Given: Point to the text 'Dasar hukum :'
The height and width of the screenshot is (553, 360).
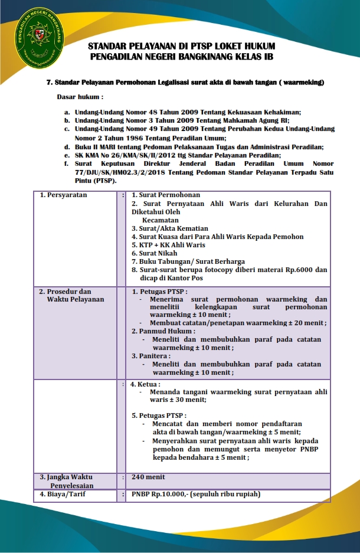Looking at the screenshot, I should point(80,96).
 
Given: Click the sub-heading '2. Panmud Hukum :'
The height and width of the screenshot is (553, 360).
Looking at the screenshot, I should point(162,331).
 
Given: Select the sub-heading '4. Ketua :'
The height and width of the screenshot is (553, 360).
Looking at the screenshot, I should point(145,384).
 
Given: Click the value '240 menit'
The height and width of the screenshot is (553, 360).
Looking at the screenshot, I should point(148,477).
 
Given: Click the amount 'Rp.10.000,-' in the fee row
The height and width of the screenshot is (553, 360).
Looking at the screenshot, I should point(169,494).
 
